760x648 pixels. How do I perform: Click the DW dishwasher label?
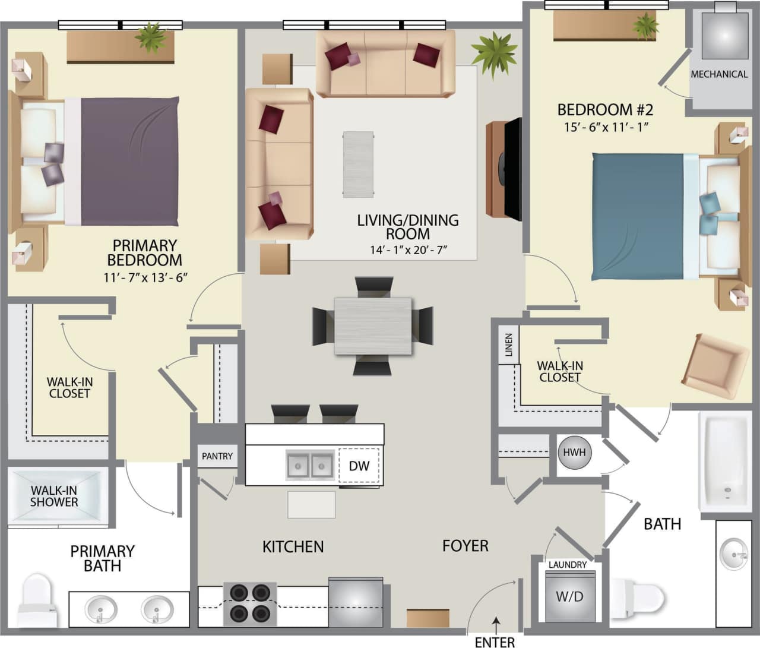[x=359, y=466]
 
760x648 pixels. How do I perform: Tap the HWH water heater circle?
[x=574, y=453]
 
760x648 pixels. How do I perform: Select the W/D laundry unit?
[x=569, y=596]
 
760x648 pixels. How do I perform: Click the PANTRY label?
[x=217, y=456]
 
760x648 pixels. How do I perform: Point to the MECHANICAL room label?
[x=719, y=74]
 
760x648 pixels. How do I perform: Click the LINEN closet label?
[x=508, y=345]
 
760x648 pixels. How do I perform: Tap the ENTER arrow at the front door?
[x=496, y=624]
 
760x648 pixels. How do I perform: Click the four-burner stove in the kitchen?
[x=249, y=603]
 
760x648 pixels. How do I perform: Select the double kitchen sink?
[x=310, y=465]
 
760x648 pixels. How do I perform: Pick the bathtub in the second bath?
[x=725, y=462]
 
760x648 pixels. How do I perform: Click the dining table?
[x=373, y=326]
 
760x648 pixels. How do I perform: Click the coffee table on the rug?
[x=358, y=165]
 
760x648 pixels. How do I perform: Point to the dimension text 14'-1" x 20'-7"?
[x=408, y=250]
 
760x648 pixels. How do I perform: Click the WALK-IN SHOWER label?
[x=54, y=496]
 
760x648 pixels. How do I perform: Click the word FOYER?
[x=465, y=545]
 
